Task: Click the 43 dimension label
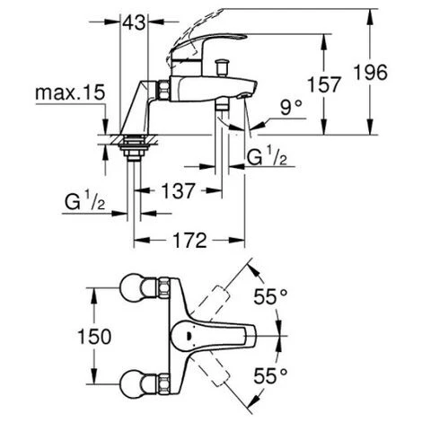[134, 22]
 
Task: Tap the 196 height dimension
[370, 73]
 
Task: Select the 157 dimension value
[324, 84]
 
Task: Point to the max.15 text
[70, 92]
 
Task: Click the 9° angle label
[291, 108]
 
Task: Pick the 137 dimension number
[179, 190]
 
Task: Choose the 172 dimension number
[190, 240]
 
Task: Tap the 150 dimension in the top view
[94, 336]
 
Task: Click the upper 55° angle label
[270, 296]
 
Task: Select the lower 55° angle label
[270, 376]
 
